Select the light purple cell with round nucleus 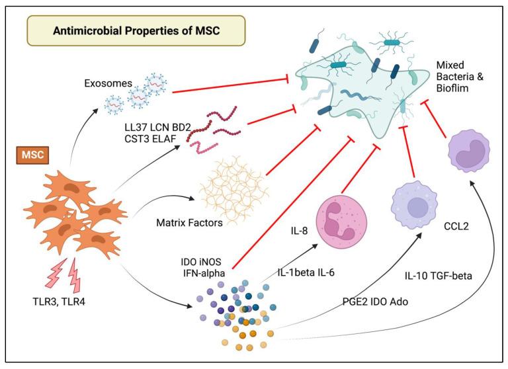point(415,206)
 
